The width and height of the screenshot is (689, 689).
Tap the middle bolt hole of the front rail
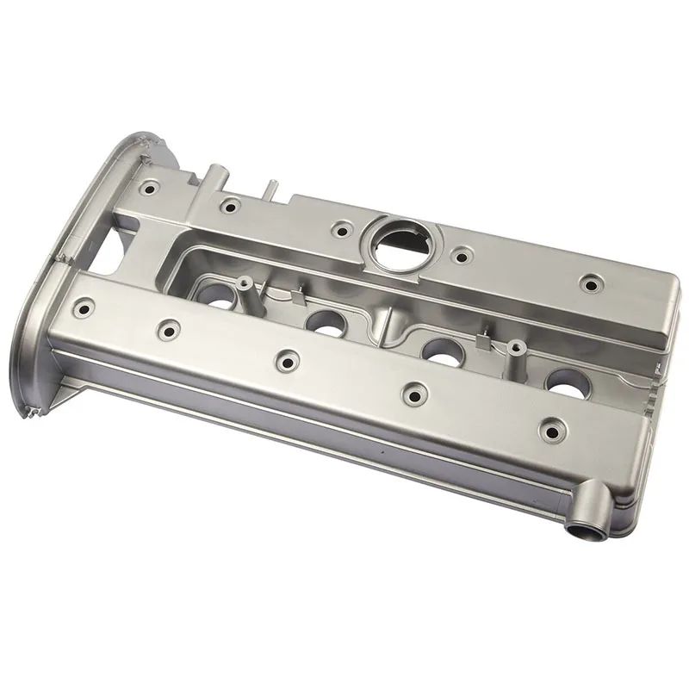click(x=283, y=357)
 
